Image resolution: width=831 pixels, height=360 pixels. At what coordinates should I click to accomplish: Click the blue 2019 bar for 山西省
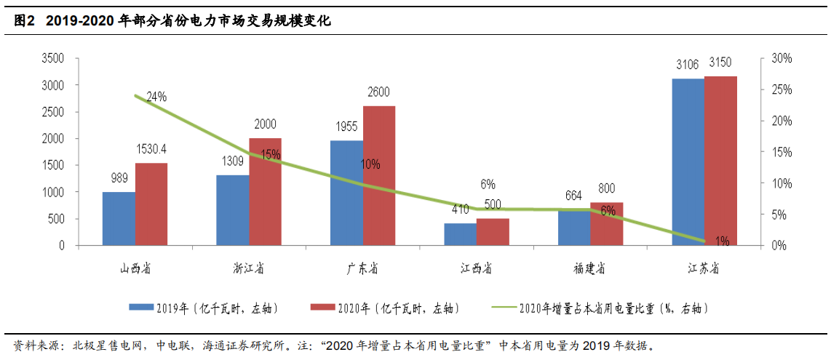119,218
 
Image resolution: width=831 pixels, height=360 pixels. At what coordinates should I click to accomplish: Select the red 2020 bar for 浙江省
265,192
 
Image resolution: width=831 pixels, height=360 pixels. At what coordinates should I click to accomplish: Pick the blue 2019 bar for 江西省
461,234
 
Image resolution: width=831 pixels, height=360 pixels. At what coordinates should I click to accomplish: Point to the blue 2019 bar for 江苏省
688,161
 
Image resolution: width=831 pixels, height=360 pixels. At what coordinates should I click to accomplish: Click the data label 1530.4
151,149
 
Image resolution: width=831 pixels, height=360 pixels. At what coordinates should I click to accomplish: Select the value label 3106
688,65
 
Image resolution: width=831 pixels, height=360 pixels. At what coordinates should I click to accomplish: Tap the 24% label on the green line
156,96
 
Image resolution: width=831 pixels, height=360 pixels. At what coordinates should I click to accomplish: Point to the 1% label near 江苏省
723,241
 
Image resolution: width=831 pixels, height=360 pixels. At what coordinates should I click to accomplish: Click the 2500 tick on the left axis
52,111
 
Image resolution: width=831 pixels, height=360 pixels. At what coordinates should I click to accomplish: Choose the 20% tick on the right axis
782,121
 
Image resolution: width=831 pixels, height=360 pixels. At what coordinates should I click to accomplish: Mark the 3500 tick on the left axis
52,58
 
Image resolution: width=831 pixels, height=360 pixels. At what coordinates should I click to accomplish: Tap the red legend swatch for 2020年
322,308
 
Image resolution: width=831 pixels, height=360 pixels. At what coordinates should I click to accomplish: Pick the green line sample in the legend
504,308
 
